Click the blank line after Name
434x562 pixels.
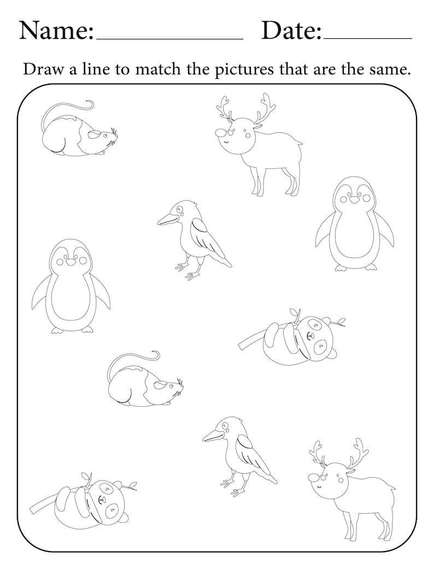coord(169,39)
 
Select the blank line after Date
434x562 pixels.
coord(367,39)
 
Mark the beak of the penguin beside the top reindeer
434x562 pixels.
coord(354,200)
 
